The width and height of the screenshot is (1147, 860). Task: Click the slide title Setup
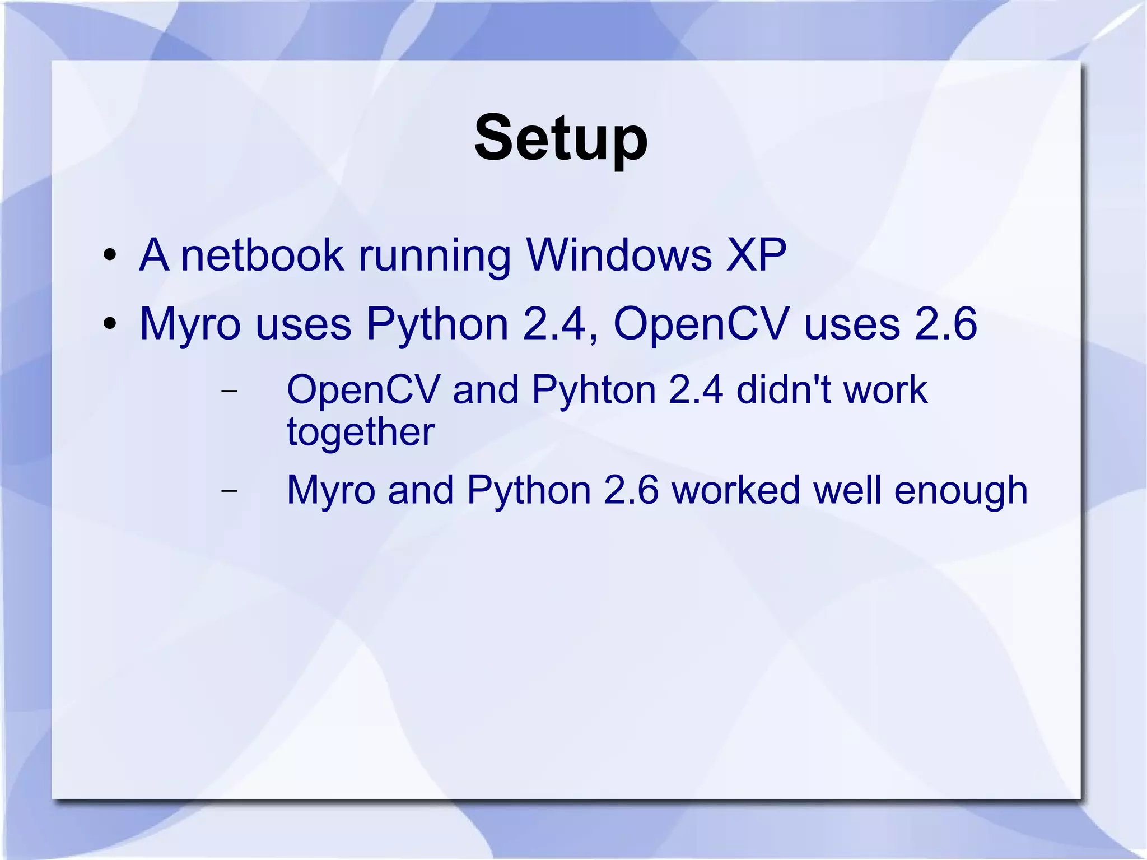click(561, 138)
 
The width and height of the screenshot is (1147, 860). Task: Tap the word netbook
click(262, 255)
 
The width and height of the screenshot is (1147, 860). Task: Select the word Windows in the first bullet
click(619, 255)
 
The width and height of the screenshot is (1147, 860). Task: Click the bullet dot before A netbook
click(110, 255)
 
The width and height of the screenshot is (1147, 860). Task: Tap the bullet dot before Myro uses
click(110, 323)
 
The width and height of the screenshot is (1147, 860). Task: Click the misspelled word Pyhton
click(594, 391)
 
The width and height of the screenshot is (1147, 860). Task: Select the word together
click(361, 433)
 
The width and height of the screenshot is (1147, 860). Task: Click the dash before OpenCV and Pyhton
click(229, 391)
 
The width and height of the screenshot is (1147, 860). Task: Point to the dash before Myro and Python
click(229, 491)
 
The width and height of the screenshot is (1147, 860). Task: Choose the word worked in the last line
click(736, 490)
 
